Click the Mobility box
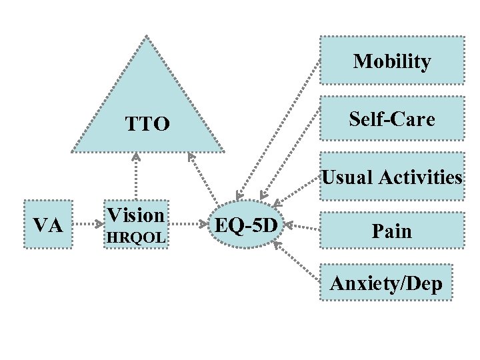tap(392, 61)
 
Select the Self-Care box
tap(392, 119)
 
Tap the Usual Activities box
tap(392, 177)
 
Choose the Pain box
tap(392, 231)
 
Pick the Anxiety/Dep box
tap(385, 285)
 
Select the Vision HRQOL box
tap(135, 225)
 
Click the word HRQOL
tap(135, 237)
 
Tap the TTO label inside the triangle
tap(147, 123)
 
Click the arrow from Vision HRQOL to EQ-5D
tap(188, 225)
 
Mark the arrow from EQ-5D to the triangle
tap(206, 177)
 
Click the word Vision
tap(135, 215)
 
